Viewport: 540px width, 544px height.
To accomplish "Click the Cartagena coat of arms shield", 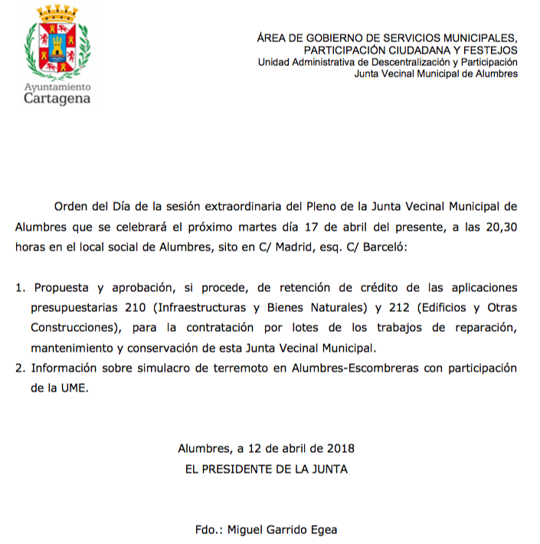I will click(x=57, y=49).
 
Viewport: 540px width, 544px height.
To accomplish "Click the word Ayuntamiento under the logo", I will click(x=57, y=87).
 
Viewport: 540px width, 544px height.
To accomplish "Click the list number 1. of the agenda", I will click(x=21, y=288).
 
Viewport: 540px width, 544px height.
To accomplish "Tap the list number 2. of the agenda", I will click(x=21, y=369).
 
